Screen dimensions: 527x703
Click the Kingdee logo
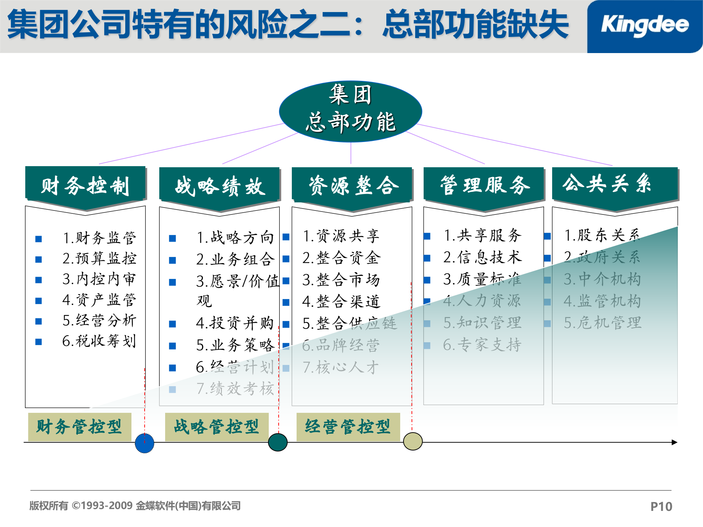tap(644, 26)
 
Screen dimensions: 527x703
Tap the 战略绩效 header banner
tap(219, 186)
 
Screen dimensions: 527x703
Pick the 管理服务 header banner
tap(484, 185)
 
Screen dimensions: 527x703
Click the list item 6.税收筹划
tap(99, 341)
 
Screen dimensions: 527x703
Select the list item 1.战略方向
tap(235, 238)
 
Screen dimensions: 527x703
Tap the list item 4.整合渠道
tap(341, 302)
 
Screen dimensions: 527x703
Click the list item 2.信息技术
tap(482, 258)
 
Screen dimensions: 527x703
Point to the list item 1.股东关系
tap(602, 235)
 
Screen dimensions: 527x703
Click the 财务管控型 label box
tap(79, 427)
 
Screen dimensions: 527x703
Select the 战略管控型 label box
tap(217, 427)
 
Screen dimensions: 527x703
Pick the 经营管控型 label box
tap(348, 427)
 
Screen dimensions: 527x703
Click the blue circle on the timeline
tap(145, 443)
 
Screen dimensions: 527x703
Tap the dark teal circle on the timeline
tap(278, 442)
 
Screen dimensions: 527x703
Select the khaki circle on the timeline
tap(413, 441)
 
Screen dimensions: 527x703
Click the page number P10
tap(661, 507)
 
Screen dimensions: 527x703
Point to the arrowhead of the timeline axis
tap(674, 442)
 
